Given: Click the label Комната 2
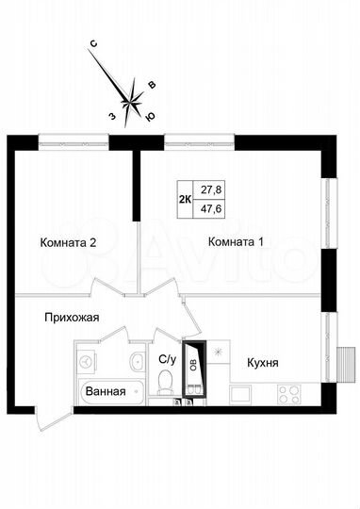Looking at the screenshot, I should [x=69, y=242].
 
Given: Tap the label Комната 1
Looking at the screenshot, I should [x=236, y=242].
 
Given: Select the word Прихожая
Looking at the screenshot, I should [x=72, y=319].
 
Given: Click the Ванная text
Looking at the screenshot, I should [x=105, y=391].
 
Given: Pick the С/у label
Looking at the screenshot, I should [x=167, y=359].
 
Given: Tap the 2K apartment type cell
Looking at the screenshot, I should [x=185, y=199].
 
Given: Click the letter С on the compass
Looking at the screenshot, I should [x=94, y=43].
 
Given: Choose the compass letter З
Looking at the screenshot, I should [x=110, y=116].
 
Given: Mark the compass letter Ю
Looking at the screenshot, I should [x=149, y=118].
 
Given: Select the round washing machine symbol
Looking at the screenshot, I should [x=86, y=361].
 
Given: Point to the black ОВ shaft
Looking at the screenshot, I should [x=194, y=367].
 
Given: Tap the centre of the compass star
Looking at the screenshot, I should [x=132, y=94].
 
